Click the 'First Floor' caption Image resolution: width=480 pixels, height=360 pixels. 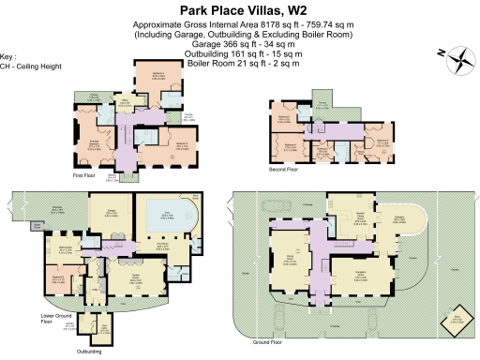pos(85,174)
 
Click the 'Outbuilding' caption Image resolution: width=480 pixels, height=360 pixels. pos(90,352)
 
